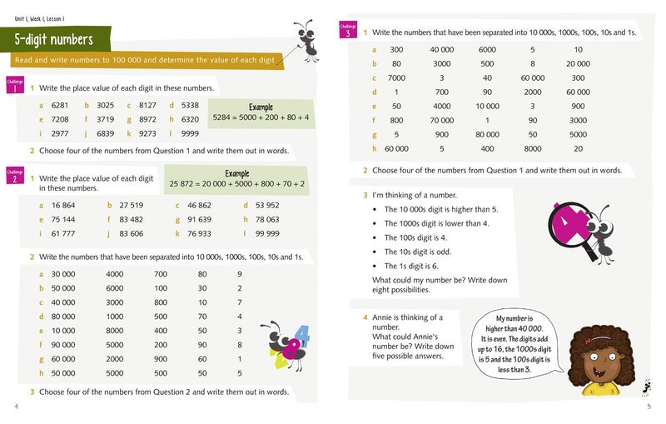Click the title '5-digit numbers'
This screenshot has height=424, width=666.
[x=53, y=39]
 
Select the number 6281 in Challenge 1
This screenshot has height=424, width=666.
[x=58, y=106]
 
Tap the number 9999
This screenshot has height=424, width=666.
[x=190, y=133]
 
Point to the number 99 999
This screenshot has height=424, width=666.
[x=267, y=234]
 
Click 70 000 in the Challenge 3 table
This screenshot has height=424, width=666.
[x=441, y=120]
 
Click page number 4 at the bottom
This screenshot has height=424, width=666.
[x=16, y=407]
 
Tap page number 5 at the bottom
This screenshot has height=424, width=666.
[x=649, y=407]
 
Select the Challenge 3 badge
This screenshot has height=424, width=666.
[x=348, y=31]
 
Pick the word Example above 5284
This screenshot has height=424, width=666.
[x=261, y=107]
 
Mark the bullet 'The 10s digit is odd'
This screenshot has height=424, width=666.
[x=419, y=252]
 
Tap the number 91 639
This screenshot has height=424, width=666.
[x=199, y=220]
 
